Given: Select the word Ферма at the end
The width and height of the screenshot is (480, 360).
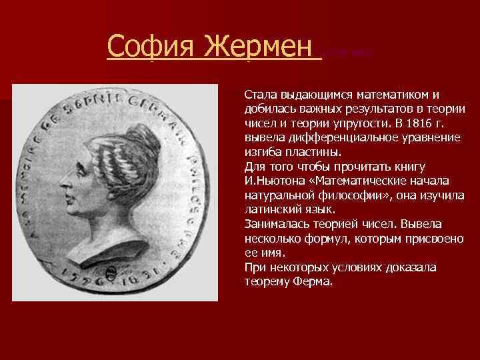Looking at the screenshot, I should point(311,281).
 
